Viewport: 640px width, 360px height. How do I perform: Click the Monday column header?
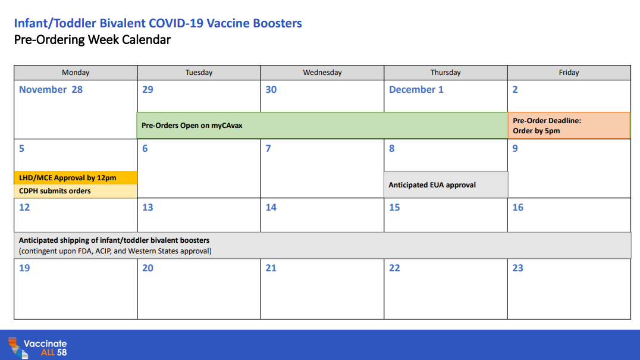pos(76,73)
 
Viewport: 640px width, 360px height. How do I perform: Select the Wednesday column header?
pos(322,73)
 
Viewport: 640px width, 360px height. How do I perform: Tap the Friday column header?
pos(569,73)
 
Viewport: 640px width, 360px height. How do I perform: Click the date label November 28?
pos(51,90)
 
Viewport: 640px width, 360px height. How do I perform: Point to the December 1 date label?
pos(416,90)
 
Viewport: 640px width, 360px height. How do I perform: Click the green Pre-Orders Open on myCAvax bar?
pos(322,126)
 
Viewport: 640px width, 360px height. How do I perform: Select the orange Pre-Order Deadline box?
pos(569,126)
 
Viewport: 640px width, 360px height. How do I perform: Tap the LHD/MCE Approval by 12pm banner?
pos(76,177)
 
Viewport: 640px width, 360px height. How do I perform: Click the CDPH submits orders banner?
pos(76,191)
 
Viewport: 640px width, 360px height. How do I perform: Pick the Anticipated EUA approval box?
pos(446,185)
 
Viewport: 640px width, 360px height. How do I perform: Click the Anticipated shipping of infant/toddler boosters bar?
pos(322,245)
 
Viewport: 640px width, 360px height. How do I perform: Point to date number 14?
pos(271,207)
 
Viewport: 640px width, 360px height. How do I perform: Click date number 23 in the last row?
pos(517,268)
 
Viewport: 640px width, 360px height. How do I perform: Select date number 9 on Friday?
pos(515,149)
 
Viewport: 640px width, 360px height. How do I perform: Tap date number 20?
pos(148,268)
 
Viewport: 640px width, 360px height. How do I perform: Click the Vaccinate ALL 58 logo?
pos(37,348)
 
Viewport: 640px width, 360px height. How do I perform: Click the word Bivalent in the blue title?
pos(123,23)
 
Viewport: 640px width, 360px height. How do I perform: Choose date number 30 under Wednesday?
pos(271,90)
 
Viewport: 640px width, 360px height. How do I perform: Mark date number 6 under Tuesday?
pos(145,149)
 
